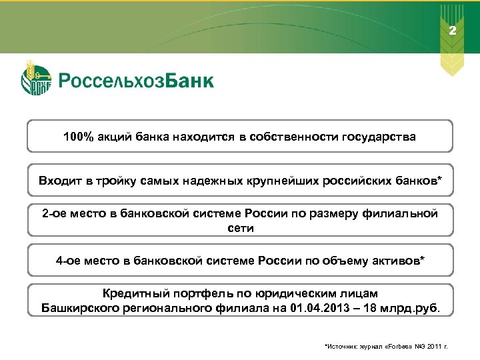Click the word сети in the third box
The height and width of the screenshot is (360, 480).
pos(240,227)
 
